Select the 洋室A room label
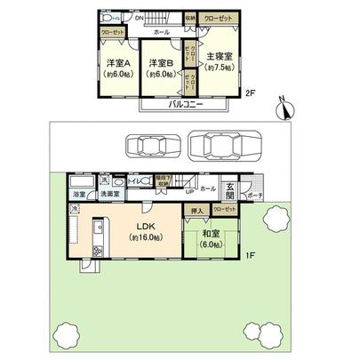click(x=118, y=63)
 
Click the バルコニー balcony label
click(x=184, y=105)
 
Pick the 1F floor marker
click(x=252, y=255)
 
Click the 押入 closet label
click(x=197, y=211)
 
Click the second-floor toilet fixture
click(x=106, y=18)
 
